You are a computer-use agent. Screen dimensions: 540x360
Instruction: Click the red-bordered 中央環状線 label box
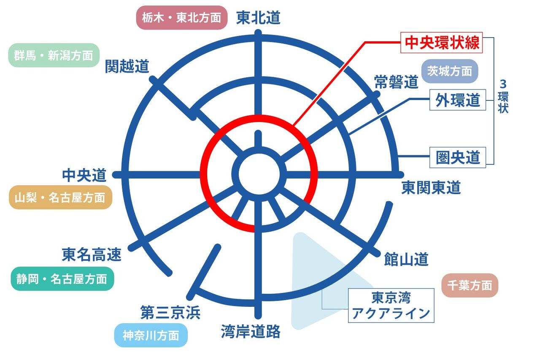click(x=442, y=43)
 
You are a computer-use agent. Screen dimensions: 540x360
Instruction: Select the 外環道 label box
click(x=458, y=100)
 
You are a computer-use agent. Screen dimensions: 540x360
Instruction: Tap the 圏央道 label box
click(x=458, y=157)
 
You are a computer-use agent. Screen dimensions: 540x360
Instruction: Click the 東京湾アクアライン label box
click(x=391, y=306)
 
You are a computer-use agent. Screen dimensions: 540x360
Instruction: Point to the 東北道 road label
click(x=258, y=18)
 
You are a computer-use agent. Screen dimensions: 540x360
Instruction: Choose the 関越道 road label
click(x=127, y=66)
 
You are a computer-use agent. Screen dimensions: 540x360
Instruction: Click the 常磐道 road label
click(x=396, y=82)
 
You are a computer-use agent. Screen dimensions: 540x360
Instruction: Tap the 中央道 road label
click(x=84, y=175)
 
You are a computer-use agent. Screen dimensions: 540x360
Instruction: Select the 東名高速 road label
click(x=92, y=254)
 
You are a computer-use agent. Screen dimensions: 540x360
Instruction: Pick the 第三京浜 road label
click(x=170, y=313)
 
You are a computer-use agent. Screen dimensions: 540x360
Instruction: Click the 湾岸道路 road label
click(x=251, y=332)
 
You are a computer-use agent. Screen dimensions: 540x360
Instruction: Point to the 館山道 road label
click(x=406, y=259)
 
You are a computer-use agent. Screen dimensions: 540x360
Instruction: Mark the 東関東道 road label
click(x=431, y=187)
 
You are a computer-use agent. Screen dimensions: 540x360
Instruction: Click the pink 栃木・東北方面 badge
click(x=181, y=18)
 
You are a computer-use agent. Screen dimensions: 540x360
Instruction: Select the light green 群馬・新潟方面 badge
click(x=54, y=55)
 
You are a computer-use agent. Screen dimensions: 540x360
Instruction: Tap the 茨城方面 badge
click(x=449, y=71)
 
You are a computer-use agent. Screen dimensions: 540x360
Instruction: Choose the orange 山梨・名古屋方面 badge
click(x=60, y=197)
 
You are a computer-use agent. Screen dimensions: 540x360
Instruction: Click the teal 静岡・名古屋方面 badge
click(x=62, y=279)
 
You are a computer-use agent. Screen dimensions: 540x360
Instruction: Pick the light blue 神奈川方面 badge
click(x=151, y=336)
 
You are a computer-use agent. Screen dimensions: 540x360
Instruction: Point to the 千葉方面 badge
click(x=470, y=285)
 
